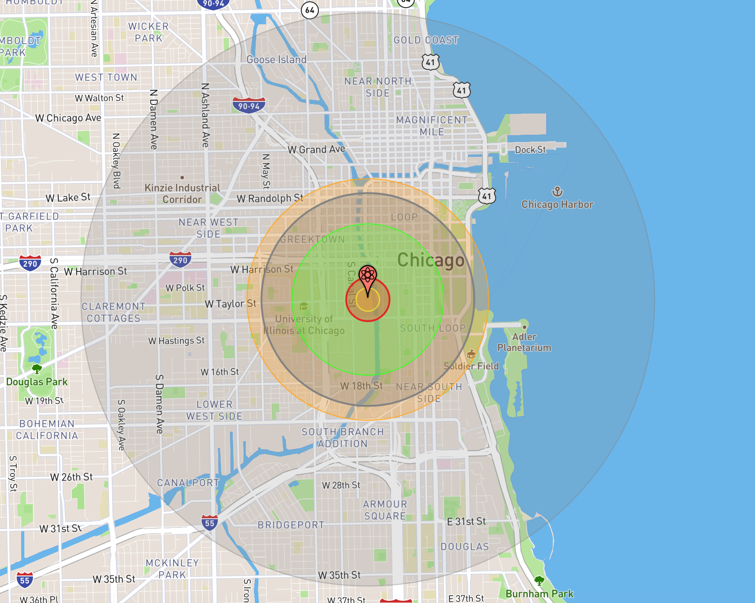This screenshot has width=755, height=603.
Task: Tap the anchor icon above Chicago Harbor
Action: coord(557,192)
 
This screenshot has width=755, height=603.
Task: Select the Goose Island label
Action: coord(276,59)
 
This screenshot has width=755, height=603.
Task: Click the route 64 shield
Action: coord(310,10)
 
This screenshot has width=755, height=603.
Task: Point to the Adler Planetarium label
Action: coord(524,342)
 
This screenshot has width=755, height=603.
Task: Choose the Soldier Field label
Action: coord(471,366)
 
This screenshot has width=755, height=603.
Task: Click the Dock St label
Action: coord(530,150)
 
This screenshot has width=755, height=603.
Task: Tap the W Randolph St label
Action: coord(270,198)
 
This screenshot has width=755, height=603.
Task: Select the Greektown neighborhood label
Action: coord(312,239)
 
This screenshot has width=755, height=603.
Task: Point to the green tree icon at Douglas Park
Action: coord(37,369)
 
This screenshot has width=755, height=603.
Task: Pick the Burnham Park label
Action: coord(539,594)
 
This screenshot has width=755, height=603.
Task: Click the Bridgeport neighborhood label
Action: coord(291,525)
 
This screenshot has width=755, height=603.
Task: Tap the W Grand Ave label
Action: coord(316,149)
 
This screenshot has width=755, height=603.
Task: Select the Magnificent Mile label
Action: coord(432,126)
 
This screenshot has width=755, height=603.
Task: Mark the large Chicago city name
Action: coord(431,260)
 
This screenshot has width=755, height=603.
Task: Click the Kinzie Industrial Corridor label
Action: coord(182,193)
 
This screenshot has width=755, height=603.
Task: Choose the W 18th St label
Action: coord(361,386)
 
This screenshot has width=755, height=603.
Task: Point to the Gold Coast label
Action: coord(426,40)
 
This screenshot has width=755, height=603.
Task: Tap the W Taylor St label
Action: coord(230,304)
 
